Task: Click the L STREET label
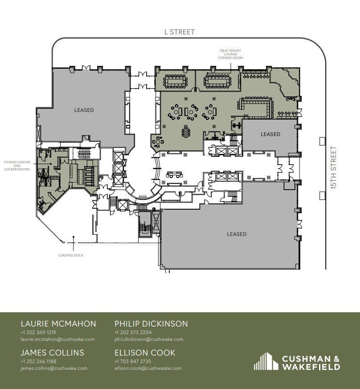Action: coord(180,32)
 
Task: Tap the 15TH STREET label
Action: coord(334,168)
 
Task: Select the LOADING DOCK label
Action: coord(71,255)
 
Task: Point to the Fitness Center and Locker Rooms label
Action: coord(17,166)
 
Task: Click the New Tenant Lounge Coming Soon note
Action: coord(231,54)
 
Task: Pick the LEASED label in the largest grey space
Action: coord(237,234)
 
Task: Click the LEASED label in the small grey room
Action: coord(270,134)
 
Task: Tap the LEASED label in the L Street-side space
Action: coord(84,110)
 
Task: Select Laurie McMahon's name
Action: coord(58,324)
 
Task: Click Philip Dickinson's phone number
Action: coord(133,332)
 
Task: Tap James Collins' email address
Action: coord(54,368)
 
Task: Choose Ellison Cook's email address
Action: coord(148,368)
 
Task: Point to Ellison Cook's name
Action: coord(145,353)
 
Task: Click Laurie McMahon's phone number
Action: coord(38,332)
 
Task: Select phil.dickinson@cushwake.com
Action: coord(149,339)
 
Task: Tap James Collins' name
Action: coord(52,353)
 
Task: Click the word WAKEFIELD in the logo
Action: coord(311,367)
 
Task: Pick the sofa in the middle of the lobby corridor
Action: coord(174,174)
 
